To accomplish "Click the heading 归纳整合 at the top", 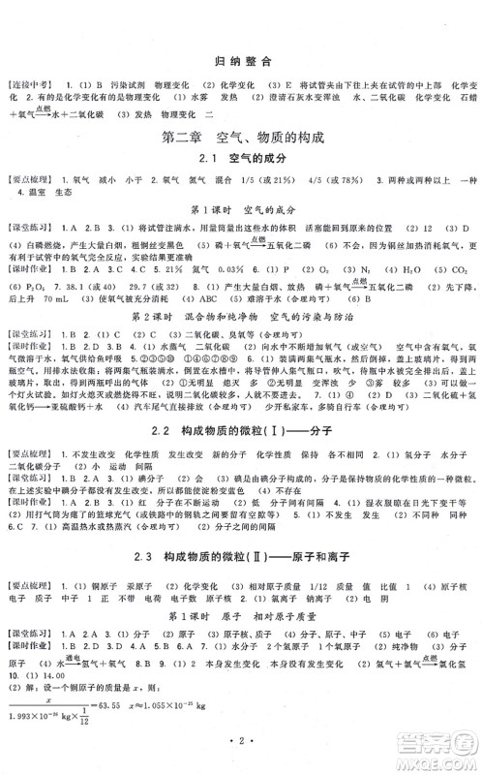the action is [240, 60].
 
